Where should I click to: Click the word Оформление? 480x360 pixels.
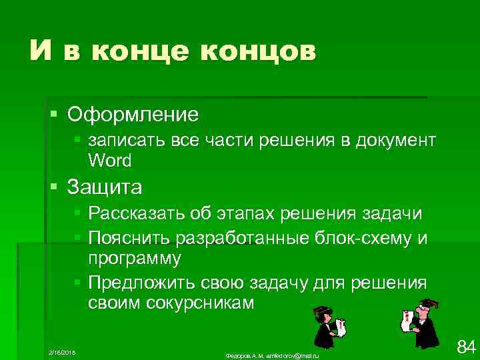(x=133, y=114)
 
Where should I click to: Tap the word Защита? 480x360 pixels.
(x=105, y=187)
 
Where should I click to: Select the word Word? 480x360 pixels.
(x=109, y=160)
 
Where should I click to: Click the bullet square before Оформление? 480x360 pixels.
(x=54, y=113)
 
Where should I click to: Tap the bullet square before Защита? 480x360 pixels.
(x=54, y=187)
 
